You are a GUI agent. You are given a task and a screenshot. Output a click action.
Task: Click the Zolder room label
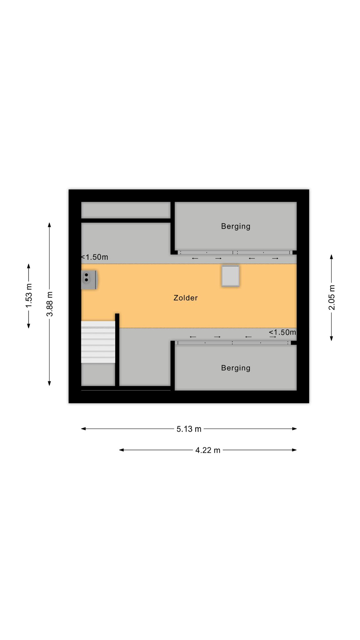coord(186,298)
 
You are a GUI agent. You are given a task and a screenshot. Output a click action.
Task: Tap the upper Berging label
coord(236,226)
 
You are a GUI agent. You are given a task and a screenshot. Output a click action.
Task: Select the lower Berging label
coord(236,368)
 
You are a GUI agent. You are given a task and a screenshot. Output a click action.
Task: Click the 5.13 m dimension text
coord(189,429)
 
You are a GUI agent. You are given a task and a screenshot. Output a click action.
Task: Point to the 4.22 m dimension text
coord(208,450)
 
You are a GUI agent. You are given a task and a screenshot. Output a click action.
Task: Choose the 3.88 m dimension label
coord(50,304)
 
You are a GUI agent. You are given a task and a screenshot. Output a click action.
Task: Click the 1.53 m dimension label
coord(29,295)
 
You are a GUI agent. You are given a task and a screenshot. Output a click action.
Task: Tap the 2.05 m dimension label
coord(332,297)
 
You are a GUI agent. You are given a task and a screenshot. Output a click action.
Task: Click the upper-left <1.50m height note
coord(94,257)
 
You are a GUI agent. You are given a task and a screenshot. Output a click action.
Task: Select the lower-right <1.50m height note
coord(282,332)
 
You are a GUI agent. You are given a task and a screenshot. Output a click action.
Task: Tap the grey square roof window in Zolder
coord(231,276)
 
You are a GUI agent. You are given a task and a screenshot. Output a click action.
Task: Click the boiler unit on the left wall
coord(89,280)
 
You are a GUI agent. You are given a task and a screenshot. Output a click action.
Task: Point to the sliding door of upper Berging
coord(235,252)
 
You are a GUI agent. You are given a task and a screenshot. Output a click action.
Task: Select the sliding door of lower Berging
coord(233,343)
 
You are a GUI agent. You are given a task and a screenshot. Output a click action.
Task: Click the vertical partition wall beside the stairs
coord(117,350)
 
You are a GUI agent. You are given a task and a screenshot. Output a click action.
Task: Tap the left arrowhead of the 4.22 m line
coord(122,450)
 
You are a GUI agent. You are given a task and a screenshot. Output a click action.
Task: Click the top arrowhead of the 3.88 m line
coord(49,225)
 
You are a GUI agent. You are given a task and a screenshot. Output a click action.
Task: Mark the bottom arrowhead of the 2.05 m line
coord(332,338)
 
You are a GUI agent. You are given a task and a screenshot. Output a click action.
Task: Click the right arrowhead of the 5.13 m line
coord(294,429)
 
